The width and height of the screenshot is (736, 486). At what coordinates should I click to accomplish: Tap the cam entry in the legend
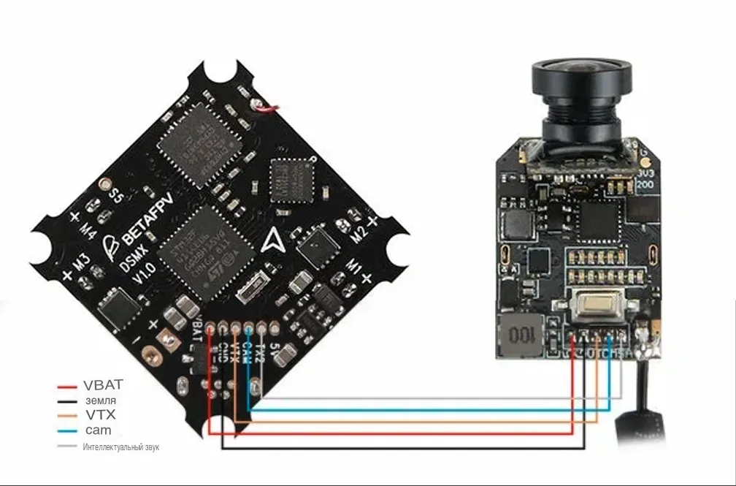[x=98, y=430]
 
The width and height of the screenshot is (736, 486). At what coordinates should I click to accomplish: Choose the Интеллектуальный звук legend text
[x=120, y=446]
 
